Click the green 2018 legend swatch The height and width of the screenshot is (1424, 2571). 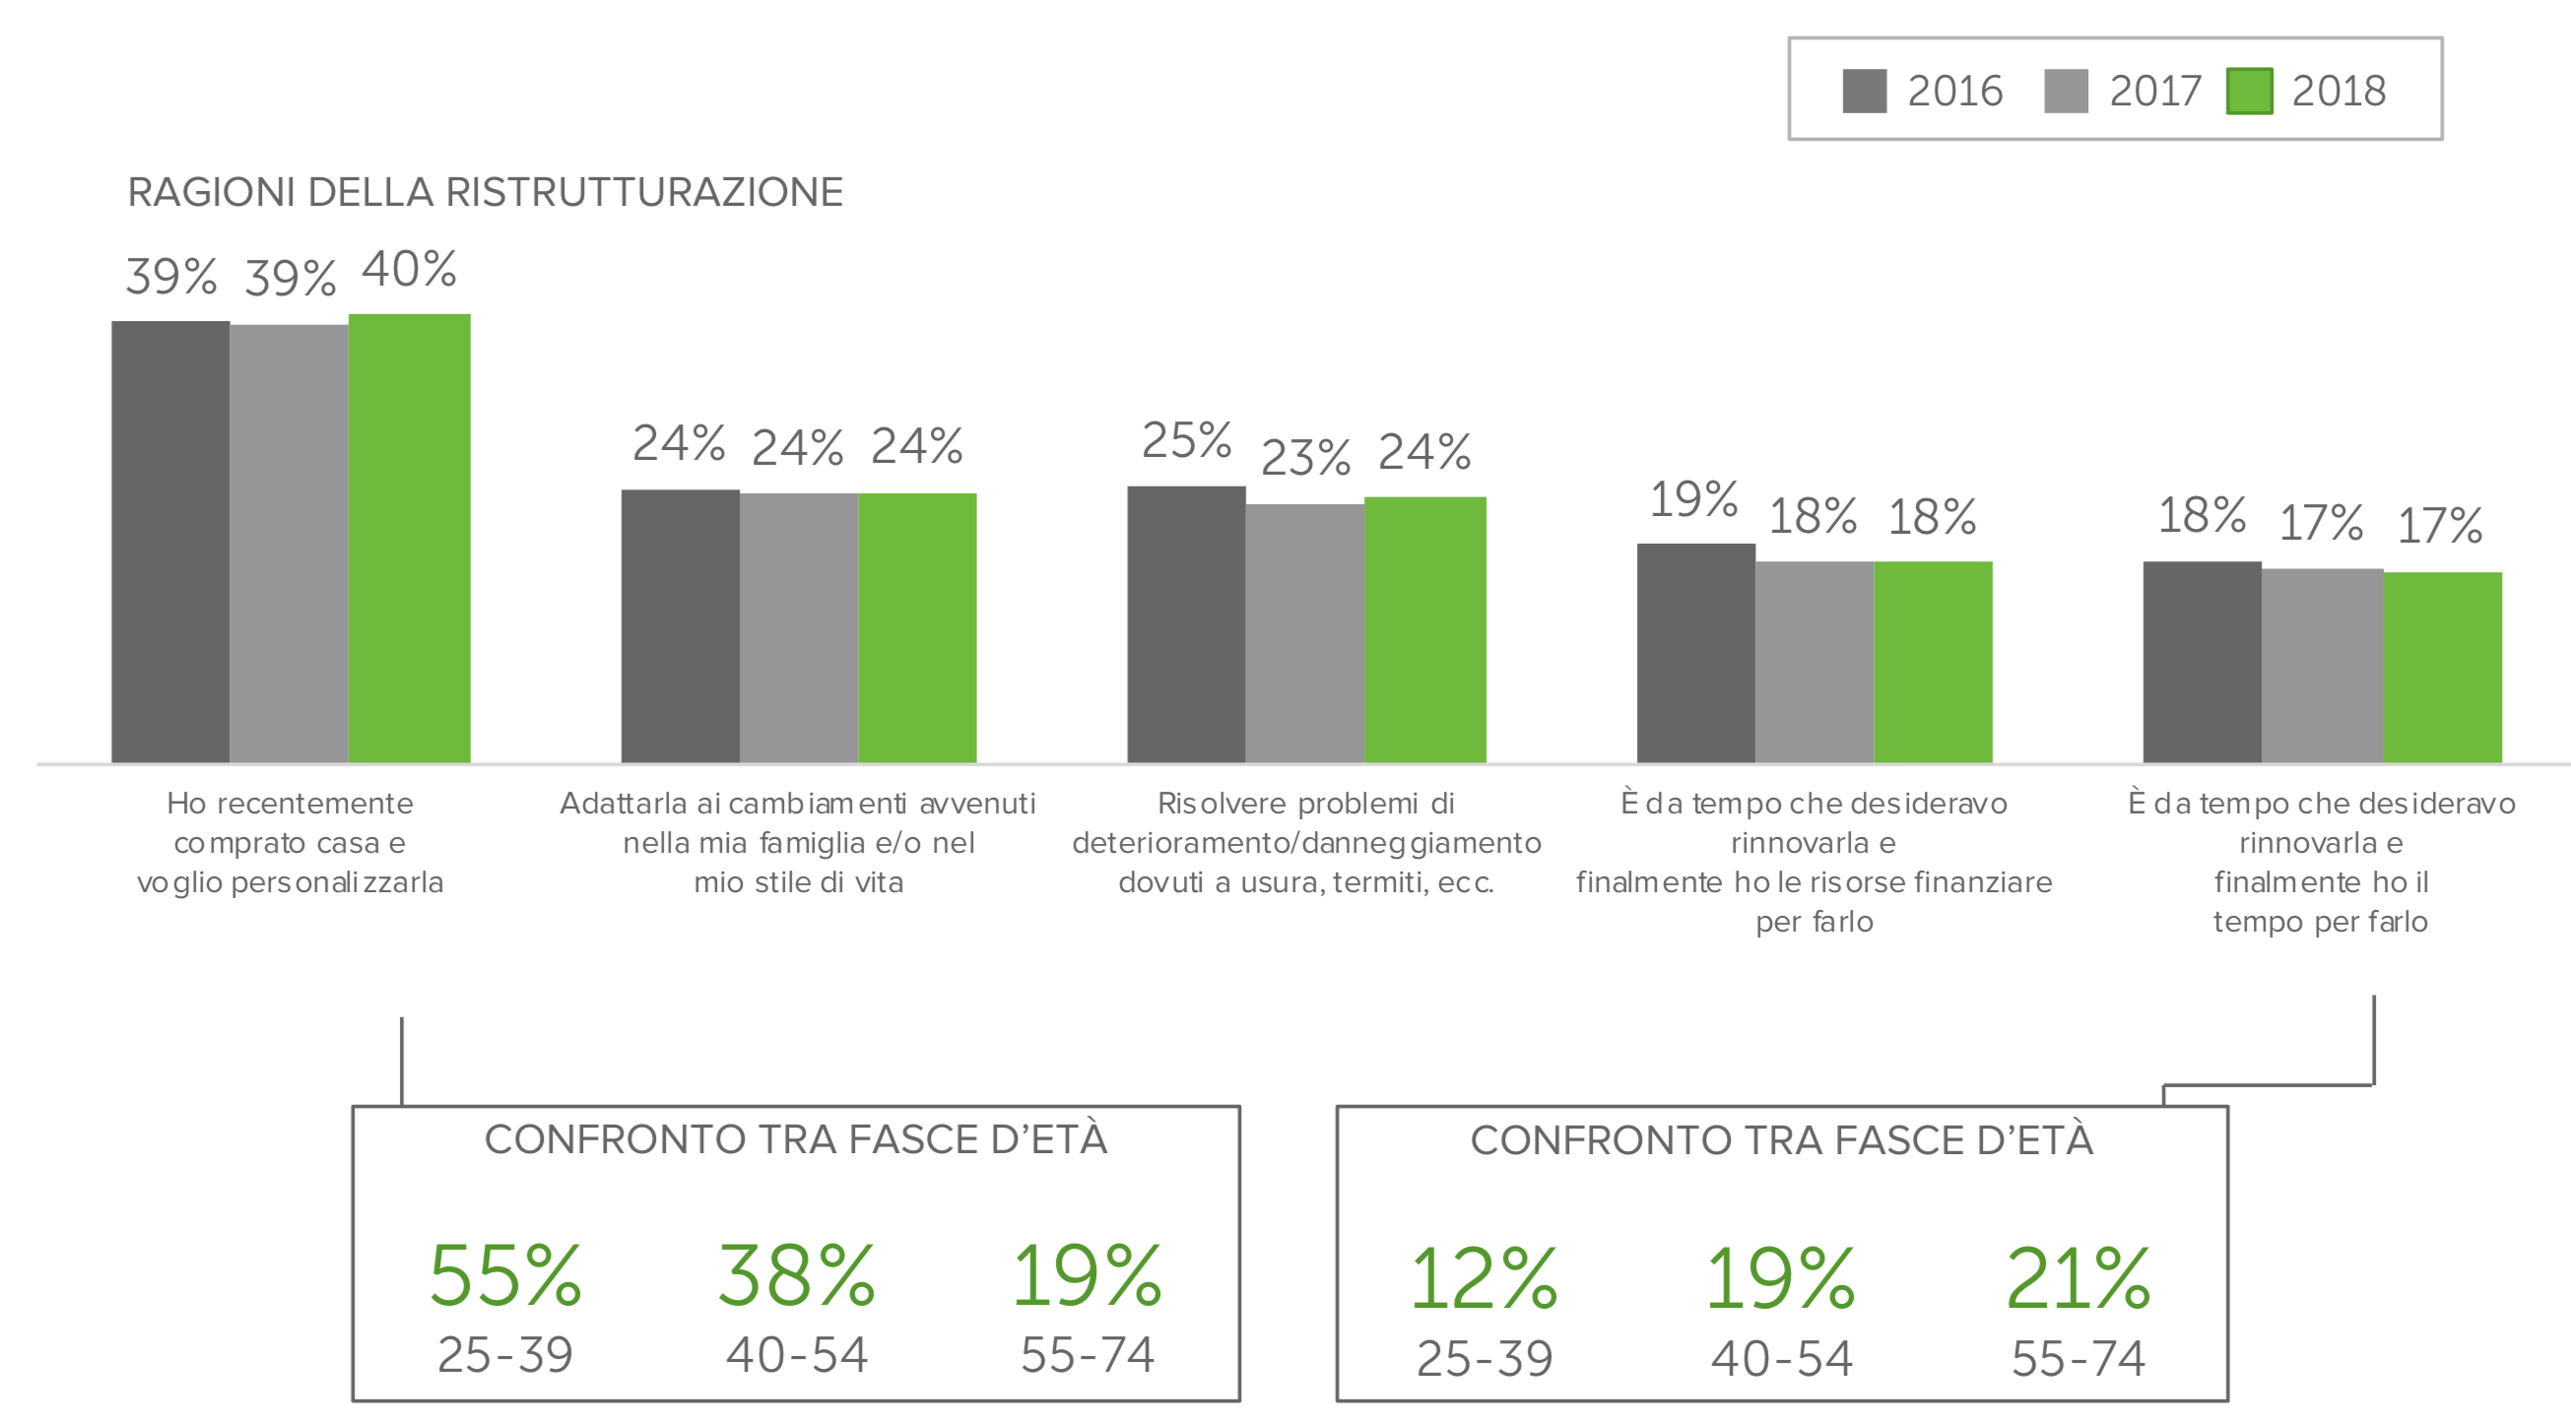click(x=2249, y=91)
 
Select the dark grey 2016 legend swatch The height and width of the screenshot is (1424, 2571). click(x=1864, y=91)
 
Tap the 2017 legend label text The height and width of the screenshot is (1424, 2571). click(x=2154, y=91)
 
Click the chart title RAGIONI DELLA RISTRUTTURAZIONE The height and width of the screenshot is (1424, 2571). click(x=485, y=193)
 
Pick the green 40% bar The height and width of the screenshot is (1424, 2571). click(x=409, y=539)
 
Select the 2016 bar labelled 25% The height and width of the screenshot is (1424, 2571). click(x=1186, y=624)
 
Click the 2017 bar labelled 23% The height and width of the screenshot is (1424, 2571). click(x=1304, y=633)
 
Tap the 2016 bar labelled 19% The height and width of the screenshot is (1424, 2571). click(x=1694, y=654)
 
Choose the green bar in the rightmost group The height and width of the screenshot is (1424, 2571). click(x=2442, y=668)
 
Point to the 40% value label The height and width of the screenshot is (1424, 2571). click(x=409, y=270)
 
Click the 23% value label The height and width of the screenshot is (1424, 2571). click(x=1304, y=458)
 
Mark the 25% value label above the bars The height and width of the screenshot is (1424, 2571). click(x=1186, y=440)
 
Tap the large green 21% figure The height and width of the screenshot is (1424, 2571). click(x=2077, y=1278)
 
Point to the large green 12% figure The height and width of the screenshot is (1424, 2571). click(x=1483, y=1278)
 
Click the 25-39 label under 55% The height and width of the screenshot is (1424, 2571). click(x=505, y=1355)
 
